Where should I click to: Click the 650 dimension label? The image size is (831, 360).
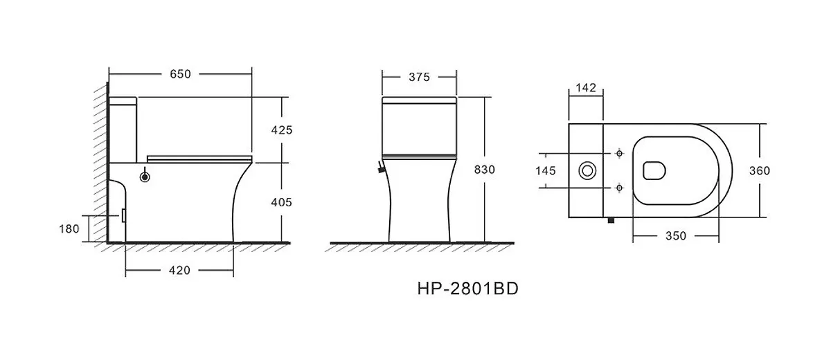[180, 74]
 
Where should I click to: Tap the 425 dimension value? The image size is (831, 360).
[282, 130]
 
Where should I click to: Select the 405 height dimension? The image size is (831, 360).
[282, 202]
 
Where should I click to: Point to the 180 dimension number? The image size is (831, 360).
[69, 229]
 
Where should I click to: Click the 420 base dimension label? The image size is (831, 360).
[179, 271]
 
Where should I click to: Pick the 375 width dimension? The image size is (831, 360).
[419, 77]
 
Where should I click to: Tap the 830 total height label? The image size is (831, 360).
[485, 170]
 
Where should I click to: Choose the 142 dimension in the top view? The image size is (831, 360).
[586, 88]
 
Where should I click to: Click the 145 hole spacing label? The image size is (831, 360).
[546, 171]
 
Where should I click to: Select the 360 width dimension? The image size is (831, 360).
[760, 171]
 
